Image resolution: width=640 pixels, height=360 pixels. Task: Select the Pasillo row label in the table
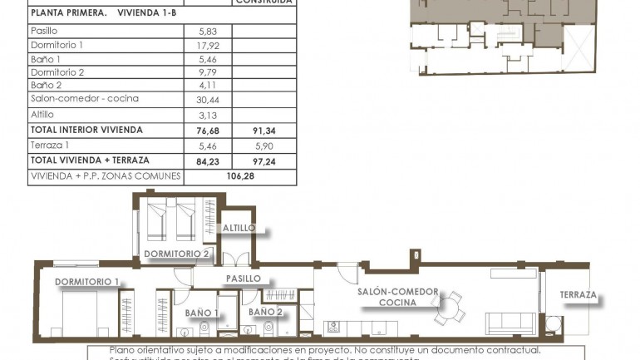coord(44,30)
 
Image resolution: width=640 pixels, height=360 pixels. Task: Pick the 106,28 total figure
coord(242,176)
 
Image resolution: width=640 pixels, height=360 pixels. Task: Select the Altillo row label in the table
coord(42,115)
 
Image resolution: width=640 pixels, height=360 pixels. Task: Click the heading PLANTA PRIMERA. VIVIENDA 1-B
coord(102,13)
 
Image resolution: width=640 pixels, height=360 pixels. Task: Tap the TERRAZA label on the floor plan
coord(578,295)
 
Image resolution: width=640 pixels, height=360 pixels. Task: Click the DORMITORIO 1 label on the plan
coord(88,282)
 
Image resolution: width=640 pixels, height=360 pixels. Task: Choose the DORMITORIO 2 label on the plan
coord(176,254)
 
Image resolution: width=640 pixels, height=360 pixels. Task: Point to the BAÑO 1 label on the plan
coord(202,313)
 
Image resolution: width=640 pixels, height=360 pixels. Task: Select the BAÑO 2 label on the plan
coord(265,312)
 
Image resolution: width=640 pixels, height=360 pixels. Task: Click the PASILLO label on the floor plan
coord(244,279)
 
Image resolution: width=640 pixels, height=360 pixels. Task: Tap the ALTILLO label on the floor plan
coord(239,228)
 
